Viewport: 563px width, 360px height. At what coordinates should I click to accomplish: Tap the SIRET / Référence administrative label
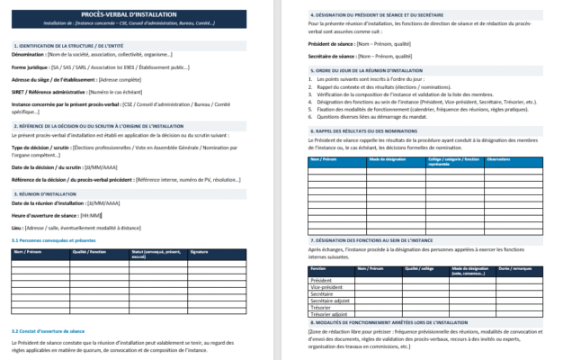pyautogui.click(x=47, y=92)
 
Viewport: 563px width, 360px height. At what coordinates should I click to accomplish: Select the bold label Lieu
pyautogui.click(x=16, y=228)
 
